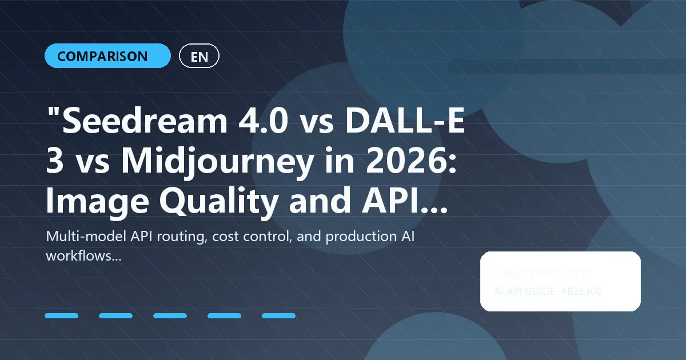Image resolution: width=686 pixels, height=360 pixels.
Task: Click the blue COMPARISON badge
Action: click(107, 56)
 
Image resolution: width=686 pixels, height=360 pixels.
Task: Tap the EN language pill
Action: click(199, 56)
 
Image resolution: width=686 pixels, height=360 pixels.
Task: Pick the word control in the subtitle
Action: click(270, 237)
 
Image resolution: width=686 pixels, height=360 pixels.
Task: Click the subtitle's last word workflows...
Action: click(83, 256)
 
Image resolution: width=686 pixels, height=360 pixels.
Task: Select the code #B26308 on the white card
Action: click(581, 291)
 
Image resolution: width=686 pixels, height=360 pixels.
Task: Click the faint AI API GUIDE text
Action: click(524, 291)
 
